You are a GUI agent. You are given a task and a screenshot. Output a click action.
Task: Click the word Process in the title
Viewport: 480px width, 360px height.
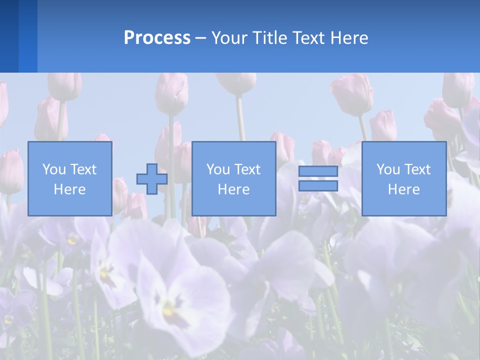pyautogui.click(x=157, y=38)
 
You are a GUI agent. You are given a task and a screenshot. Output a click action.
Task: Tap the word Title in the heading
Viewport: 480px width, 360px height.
pyautogui.click(x=269, y=38)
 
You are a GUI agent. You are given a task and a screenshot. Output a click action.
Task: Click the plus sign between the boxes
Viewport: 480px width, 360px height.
pyautogui.click(x=152, y=179)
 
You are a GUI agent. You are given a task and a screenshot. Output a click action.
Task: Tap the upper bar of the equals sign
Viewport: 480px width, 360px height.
pyautogui.click(x=318, y=171)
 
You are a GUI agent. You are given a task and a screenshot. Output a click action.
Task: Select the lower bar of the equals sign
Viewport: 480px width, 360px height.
pyautogui.click(x=318, y=185)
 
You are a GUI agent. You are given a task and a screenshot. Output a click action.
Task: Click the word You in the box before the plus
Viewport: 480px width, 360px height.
pyautogui.click(x=53, y=169)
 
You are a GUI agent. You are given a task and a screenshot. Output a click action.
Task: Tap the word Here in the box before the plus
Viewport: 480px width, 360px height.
pyautogui.click(x=69, y=189)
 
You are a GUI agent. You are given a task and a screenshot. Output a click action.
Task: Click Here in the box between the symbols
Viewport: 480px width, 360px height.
pyautogui.click(x=233, y=189)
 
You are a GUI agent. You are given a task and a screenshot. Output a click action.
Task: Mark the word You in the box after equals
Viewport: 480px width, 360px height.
pyautogui.click(x=387, y=169)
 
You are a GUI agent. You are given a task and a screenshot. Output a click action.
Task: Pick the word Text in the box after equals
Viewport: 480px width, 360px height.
pyautogui.click(x=417, y=169)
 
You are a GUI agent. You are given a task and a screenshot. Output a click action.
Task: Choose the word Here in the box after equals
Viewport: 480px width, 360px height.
pyautogui.click(x=403, y=189)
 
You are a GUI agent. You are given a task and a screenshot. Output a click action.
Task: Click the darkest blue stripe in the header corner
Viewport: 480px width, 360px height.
pyautogui.click(x=9, y=36)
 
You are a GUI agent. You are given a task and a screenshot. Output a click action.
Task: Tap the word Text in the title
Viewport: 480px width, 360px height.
pyautogui.click(x=305, y=38)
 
